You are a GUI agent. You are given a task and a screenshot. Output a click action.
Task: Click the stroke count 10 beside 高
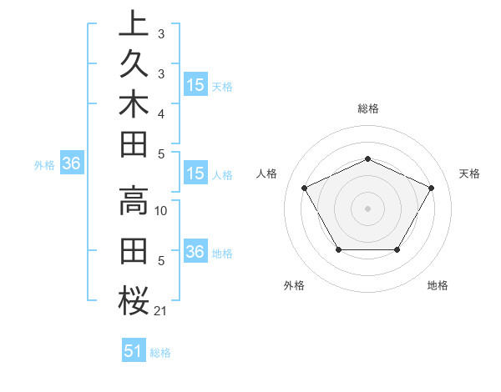[x=162, y=211]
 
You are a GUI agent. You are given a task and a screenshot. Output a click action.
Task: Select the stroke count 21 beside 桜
[x=161, y=311]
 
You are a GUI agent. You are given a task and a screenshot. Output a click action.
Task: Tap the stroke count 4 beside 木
[x=161, y=113]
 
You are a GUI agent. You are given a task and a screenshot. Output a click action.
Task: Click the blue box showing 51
[x=134, y=351]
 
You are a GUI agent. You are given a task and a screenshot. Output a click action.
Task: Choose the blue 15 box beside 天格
[x=195, y=85]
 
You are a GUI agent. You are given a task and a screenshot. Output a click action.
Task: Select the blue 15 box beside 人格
[x=195, y=173]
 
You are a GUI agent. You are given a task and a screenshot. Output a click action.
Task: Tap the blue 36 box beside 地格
[x=195, y=252]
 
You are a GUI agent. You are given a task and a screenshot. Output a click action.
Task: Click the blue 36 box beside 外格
[x=72, y=164]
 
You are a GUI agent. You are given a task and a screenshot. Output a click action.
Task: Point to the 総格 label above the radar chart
[x=368, y=108]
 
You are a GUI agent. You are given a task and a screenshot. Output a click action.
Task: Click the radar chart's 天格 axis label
[x=470, y=173]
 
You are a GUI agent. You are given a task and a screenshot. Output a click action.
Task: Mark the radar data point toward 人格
[x=304, y=187]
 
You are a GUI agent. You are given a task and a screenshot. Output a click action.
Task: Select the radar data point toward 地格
[x=397, y=249]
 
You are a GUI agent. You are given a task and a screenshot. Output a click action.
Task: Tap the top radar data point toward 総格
[x=368, y=158]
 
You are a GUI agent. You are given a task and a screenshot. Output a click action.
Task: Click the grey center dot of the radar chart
[x=368, y=208]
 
